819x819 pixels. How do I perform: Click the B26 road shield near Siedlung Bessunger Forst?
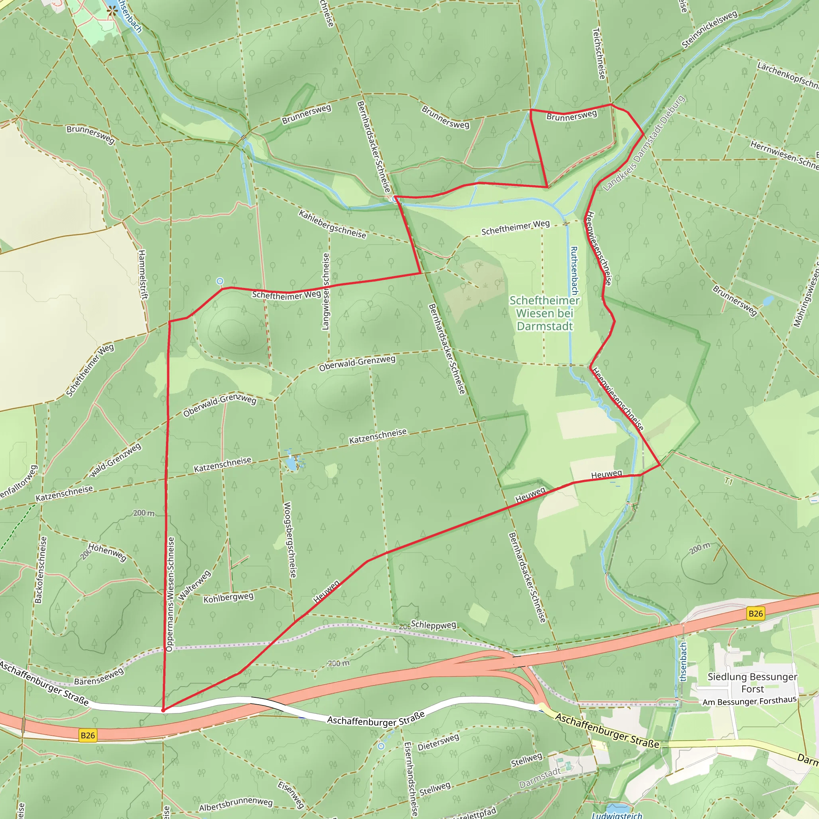(x=755, y=613)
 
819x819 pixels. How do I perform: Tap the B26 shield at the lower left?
(x=88, y=735)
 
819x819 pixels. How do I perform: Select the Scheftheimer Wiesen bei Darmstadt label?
(x=544, y=313)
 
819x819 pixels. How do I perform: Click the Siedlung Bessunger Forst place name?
(x=752, y=683)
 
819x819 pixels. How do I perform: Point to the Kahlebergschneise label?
(x=332, y=224)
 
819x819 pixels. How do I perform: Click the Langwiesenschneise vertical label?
(x=326, y=292)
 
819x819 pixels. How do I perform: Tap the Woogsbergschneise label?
(x=290, y=539)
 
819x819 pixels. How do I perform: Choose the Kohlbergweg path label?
(x=228, y=598)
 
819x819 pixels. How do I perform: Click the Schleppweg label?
(x=433, y=625)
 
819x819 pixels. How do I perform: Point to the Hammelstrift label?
(x=142, y=275)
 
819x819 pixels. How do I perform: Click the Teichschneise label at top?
(x=599, y=54)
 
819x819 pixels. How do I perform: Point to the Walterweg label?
(x=194, y=585)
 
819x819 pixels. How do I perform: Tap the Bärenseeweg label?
(x=99, y=677)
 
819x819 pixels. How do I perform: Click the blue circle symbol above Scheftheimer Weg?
(x=220, y=281)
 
